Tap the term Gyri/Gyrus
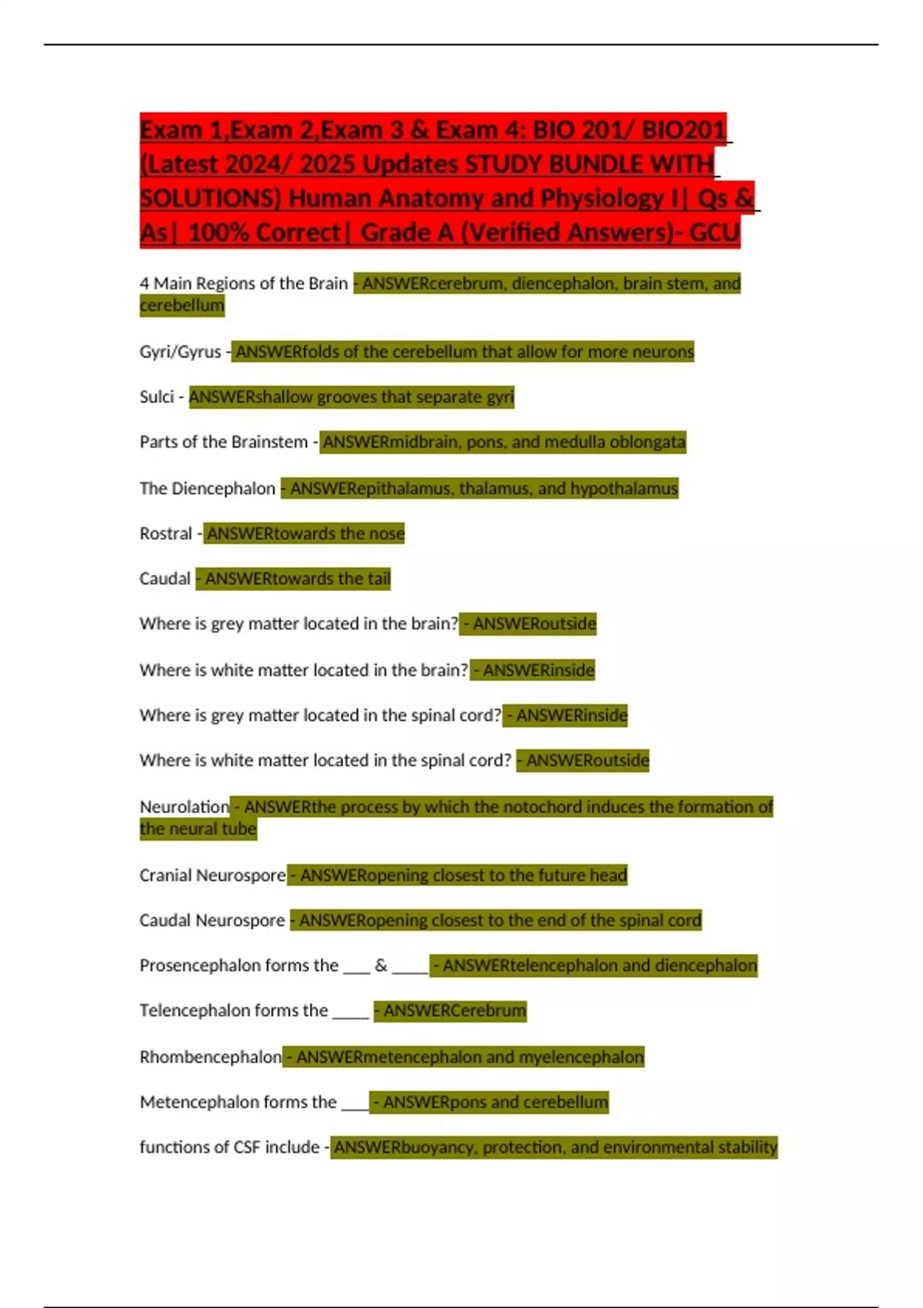(180, 352)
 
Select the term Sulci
(157, 397)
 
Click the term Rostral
(165, 533)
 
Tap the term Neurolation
(184, 806)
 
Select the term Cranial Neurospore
(212, 875)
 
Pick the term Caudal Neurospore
(212, 920)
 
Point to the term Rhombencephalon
(210, 1056)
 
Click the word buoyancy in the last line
(437, 1147)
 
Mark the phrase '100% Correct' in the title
(264, 232)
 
